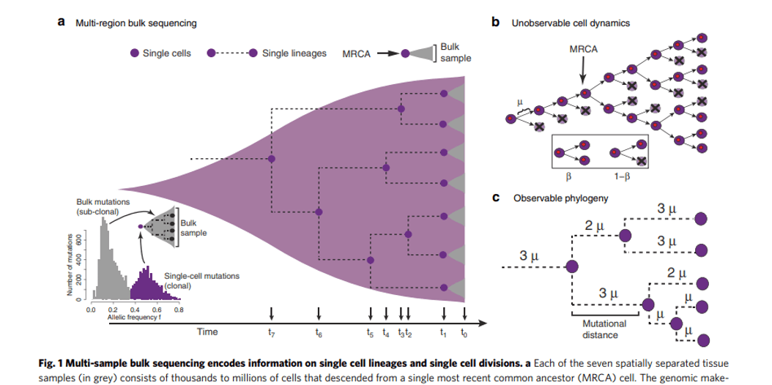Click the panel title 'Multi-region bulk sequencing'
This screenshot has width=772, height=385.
(x=136, y=23)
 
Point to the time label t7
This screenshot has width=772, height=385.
(x=272, y=332)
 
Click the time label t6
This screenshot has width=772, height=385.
(x=318, y=332)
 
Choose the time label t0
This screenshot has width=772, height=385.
(x=464, y=332)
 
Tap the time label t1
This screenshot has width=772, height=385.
(x=443, y=332)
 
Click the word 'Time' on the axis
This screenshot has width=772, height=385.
(x=207, y=332)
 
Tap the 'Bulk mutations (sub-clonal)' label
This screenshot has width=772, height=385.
(x=102, y=206)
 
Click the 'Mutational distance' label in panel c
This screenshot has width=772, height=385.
(x=604, y=329)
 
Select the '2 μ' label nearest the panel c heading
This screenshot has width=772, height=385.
(x=594, y=224)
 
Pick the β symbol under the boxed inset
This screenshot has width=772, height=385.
(x=570, y=177)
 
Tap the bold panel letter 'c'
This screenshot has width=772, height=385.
(x=497, y=198)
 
